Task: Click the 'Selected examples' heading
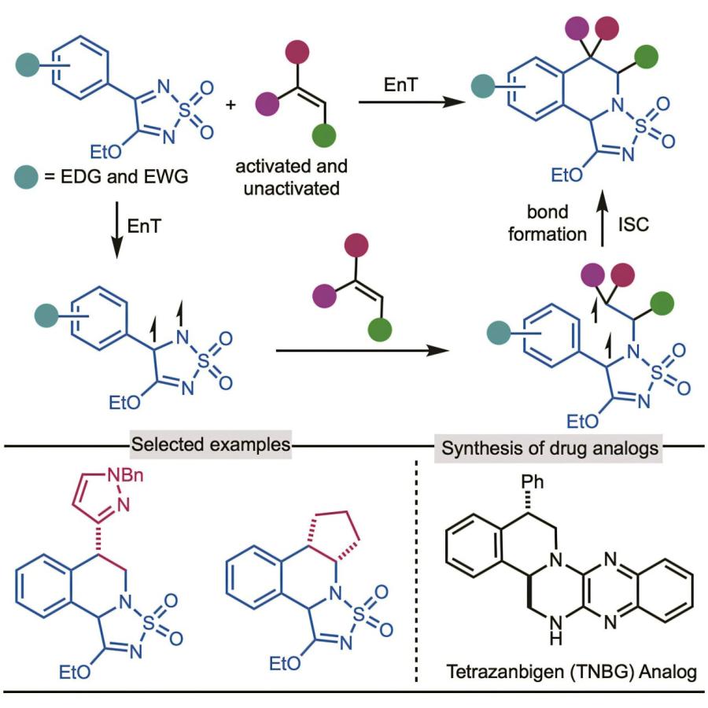coord(212,444)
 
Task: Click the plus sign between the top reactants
coord(230,104)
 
